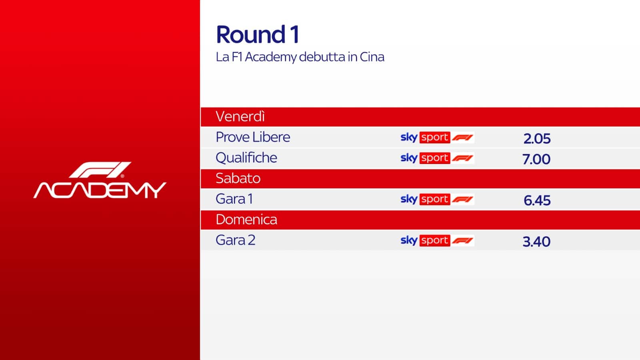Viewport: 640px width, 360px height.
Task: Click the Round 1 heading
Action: pos(258,34)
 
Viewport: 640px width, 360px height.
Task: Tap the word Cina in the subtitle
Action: pos(372,57)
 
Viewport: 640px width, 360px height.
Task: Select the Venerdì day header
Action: pos(240,116)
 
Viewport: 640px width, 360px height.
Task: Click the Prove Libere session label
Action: pos(253,137)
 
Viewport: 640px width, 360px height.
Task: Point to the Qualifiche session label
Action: pos(246,158)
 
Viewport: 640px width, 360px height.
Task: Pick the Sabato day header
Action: pos(238,178)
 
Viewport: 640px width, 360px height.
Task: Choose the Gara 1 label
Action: pos(234,199)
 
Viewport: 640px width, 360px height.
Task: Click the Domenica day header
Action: pos(246,220)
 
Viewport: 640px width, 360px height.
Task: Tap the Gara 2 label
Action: pos(236,240)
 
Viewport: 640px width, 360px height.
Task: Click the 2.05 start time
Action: pos(537,138)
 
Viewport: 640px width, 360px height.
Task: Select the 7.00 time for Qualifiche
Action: pos(536,159)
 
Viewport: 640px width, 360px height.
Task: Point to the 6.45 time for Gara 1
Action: pos(537,200)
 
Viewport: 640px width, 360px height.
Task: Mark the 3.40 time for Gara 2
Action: pos(536,242)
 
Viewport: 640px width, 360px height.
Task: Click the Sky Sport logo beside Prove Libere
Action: pos(438,138)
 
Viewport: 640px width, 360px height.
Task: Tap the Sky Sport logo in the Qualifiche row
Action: pos(438,158)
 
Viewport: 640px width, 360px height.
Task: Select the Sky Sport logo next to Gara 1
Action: pos(438,199)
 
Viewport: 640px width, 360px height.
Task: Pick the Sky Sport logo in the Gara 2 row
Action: pos(438,240)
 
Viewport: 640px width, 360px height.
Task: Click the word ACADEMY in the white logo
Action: pos(100,190)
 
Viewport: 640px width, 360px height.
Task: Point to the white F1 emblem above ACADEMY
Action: pos(100,170)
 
